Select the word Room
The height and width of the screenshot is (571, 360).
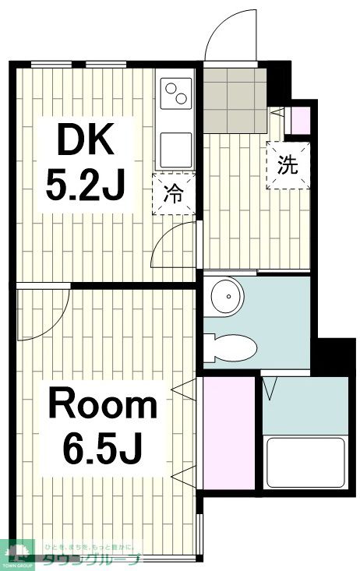(x=103, y=405)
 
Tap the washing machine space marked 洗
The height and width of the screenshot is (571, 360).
(x=289, y=165)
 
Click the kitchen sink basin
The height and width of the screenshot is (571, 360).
(x=176, y=146)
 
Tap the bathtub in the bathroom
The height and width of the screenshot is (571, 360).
(x=305, y=462)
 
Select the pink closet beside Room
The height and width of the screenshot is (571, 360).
(x=229, y=432)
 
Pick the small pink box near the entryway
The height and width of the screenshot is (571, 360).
(x=300, y=121)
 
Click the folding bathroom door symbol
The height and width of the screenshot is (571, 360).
(x=273, y=386)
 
